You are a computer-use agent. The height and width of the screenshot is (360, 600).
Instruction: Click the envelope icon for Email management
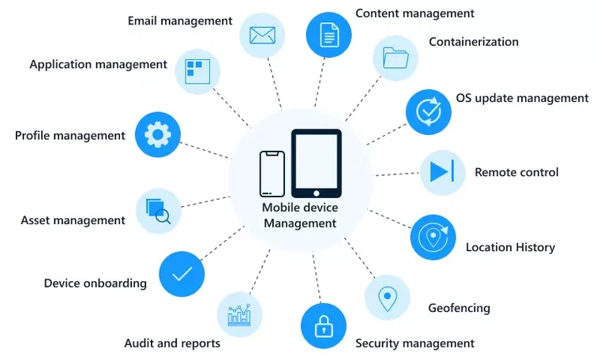point(262,36)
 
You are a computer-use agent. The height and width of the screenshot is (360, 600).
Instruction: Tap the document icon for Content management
point(329,35)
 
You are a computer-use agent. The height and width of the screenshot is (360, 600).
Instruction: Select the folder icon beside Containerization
point(396,58)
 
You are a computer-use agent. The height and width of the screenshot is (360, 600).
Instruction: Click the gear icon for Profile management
point(158,135)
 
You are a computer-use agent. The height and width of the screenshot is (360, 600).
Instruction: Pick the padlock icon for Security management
point(324,326)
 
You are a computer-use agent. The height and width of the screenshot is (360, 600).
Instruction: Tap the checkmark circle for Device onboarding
point(182,274)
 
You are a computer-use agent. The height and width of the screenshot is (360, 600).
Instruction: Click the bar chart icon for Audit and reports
point(239,315)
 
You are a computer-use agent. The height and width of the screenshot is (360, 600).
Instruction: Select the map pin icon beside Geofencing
point(388,298)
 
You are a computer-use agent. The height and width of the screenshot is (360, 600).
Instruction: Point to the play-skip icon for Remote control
point(442,171)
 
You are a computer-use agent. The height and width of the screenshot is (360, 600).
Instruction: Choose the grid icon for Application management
point(197,72)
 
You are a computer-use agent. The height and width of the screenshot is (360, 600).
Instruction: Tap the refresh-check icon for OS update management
point(429,112)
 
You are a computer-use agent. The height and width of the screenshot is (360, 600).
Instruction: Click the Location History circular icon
point(433,237)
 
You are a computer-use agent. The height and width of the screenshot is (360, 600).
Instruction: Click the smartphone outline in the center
point(272,174)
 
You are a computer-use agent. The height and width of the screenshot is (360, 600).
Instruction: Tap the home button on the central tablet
point(317,193)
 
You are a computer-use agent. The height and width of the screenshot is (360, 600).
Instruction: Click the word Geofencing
point(459,308)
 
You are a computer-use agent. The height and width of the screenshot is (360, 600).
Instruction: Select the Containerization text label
point(474,41)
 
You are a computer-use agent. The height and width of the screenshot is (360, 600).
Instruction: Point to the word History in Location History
point(534,248)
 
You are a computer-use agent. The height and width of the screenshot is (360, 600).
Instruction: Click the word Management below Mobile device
point(300,223)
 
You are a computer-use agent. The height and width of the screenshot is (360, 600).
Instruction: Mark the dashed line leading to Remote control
point(396,174)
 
